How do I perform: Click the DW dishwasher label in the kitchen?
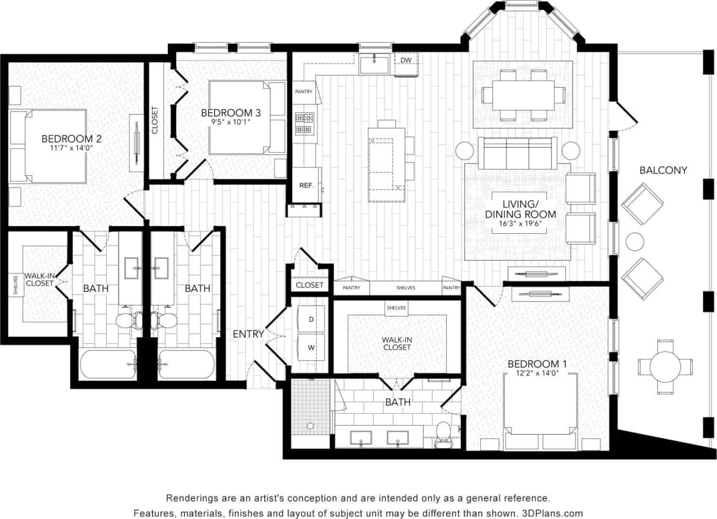point(406,60)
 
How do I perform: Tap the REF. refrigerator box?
point(306,185)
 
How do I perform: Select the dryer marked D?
point(310,319)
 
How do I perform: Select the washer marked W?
point(310,347)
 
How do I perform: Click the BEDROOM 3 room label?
point(231,113)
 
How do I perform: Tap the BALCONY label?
point(663,170)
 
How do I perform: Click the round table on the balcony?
point(665,366)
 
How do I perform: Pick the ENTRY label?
point(248,334)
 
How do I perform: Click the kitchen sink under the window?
point(374,64)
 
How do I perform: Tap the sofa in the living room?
point(517,153)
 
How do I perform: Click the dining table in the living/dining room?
point(522,95)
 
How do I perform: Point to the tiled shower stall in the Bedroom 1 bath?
point(310,406)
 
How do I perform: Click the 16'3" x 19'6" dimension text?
point(521,224)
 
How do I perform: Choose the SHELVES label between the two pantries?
point(406,288)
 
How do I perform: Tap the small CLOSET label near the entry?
point(309,285)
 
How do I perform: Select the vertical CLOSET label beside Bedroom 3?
point(154,121)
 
